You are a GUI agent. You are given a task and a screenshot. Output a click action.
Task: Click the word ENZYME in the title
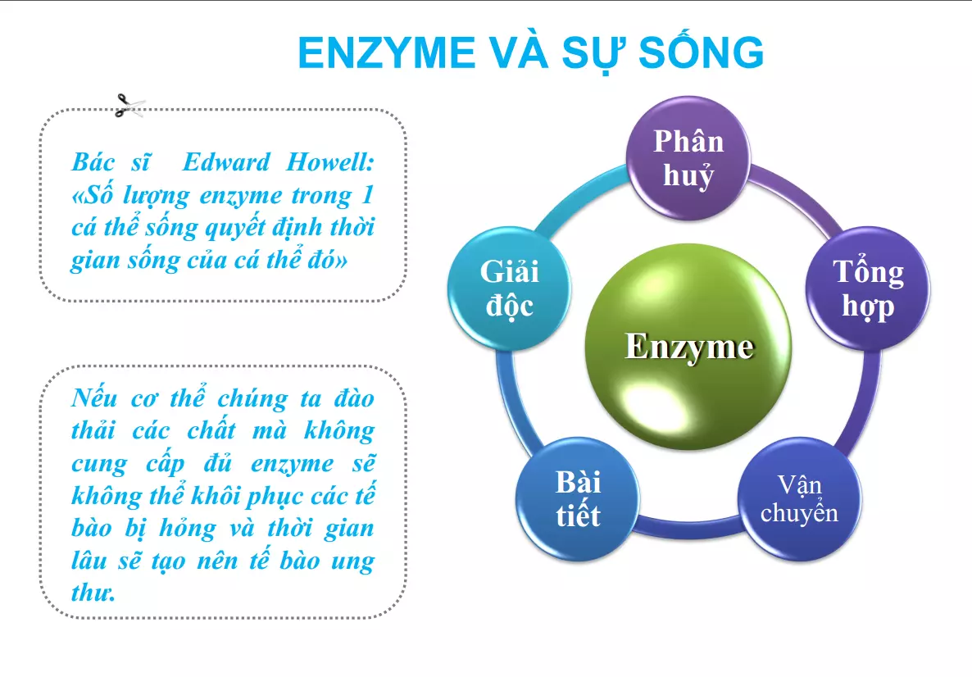386,52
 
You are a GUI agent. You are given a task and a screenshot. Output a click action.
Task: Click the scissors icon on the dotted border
129,106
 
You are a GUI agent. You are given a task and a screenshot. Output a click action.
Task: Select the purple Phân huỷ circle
688,158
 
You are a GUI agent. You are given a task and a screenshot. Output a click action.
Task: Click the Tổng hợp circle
868,289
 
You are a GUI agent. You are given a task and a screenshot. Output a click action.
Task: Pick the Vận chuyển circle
800,499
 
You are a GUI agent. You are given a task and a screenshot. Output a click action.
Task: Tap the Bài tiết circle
578,499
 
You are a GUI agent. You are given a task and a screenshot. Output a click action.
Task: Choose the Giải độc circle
509,289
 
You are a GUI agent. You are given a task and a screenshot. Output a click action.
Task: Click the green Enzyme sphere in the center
688,346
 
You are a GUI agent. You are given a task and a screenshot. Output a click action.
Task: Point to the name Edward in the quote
226,162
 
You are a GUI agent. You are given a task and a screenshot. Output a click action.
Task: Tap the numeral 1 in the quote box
367,195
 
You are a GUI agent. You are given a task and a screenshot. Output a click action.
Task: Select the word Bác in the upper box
93,162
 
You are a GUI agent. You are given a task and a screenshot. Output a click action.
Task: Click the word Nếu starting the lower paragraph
94,398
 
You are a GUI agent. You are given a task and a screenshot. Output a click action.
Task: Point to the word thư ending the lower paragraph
93,593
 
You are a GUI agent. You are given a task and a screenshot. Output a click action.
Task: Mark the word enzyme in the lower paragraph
292,464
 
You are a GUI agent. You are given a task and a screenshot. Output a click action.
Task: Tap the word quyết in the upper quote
238,229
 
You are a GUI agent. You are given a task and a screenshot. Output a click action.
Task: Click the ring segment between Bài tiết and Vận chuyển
688,528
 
